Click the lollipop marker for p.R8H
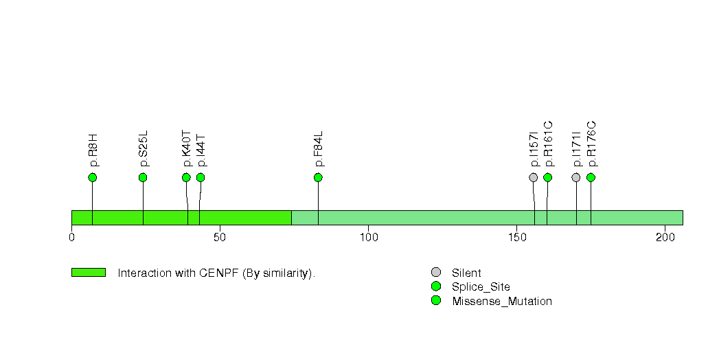tap(93, 177)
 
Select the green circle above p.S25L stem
tap(143, 177)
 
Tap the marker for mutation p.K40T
tap(186, 177)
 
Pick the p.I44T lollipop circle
tap(201, 177)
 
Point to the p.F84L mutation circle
tap(318, 177)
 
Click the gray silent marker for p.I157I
tap(534, 177)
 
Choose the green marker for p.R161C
tap(547, 177)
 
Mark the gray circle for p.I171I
tap(576, 177)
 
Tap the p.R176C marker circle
tap(591, 177)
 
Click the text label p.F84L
tap(319, 149)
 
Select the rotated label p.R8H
tap(93, 150)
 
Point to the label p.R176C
tap(591, 144)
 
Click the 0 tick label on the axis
tap(71, 237)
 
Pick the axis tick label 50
tap(220, 237)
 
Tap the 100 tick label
tap(369, 237)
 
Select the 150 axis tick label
tap(517, 237)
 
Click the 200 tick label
tap(665, 237)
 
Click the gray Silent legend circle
tap(436, 273)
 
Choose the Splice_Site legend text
tap(481, 287)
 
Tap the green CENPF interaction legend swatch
tap(89, 273)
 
